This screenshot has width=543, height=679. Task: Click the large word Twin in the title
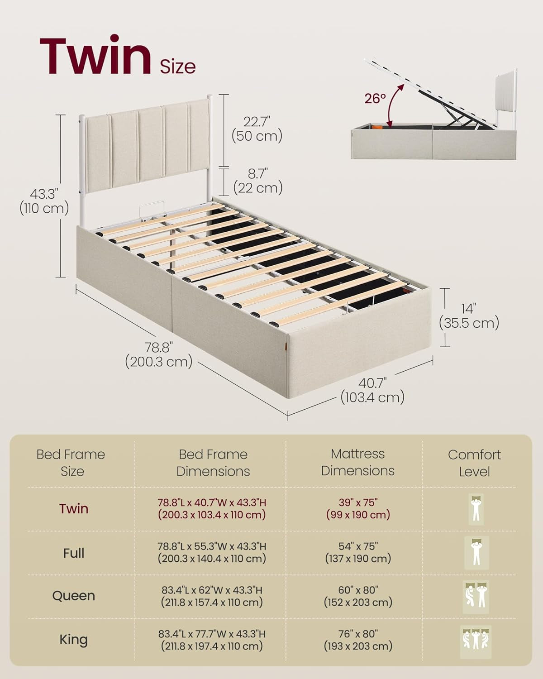pos(95,56)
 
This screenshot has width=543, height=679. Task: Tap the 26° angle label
pos(375,99)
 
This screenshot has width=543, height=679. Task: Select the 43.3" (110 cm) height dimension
pos(44,201)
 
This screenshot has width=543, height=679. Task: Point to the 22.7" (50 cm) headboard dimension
pos(257,129)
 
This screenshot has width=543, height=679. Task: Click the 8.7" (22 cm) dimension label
pos(258,181)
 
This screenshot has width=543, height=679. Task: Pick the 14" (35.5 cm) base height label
pos(469,316)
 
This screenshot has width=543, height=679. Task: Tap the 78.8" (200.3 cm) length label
pos(159,354)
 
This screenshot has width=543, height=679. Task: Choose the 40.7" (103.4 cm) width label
pos(372,390)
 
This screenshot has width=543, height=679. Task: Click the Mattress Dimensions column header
pos(358,462)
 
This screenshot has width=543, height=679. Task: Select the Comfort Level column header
pos(474,463)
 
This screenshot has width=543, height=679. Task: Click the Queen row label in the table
pos(73,596)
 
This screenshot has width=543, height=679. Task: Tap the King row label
pos(73,640)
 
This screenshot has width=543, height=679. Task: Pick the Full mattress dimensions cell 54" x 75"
pos(358,552)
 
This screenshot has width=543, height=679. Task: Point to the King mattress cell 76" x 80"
pos(358,640)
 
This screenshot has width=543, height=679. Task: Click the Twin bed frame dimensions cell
pos(212,509)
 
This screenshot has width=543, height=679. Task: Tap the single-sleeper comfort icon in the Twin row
pos(476,509)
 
